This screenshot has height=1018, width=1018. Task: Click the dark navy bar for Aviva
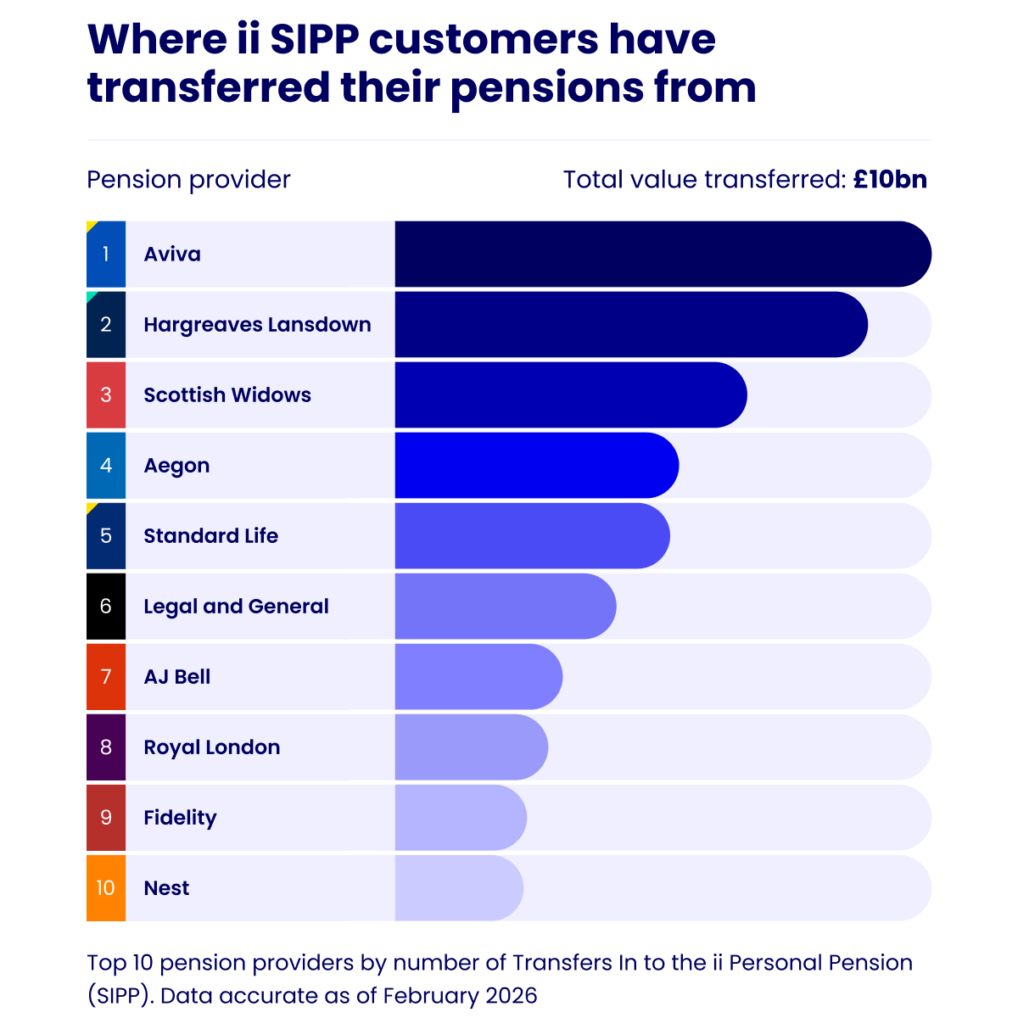tap(662, 254)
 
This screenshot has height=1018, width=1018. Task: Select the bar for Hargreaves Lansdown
tap(630, 324)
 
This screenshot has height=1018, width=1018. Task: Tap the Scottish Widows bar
tap(570, 394)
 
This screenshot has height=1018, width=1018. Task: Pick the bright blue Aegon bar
tap(536, 465)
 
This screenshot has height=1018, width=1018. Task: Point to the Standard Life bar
tap(532, 535)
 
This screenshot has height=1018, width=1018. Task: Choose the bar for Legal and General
tap(505, 606)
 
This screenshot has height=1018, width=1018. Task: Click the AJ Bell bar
tap(478, 676)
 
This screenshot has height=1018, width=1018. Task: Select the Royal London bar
tap(471, 747)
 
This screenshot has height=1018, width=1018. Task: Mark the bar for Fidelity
tap(461, 817)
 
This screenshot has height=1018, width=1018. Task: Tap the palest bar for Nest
tap(459, 887)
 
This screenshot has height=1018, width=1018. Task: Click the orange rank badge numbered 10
tap(106, 887)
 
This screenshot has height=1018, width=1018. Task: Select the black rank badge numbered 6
tap(106, 606)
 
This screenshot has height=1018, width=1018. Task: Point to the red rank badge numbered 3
tap(106, 394)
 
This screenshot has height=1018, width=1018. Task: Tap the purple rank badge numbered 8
tap(106, 747)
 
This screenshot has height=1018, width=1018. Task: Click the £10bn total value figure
tap(890, 179)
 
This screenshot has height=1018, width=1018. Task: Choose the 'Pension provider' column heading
tap(188, 179)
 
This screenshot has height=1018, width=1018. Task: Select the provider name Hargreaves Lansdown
tap(257, 324)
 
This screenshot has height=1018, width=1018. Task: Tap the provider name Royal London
tap(211, 747)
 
